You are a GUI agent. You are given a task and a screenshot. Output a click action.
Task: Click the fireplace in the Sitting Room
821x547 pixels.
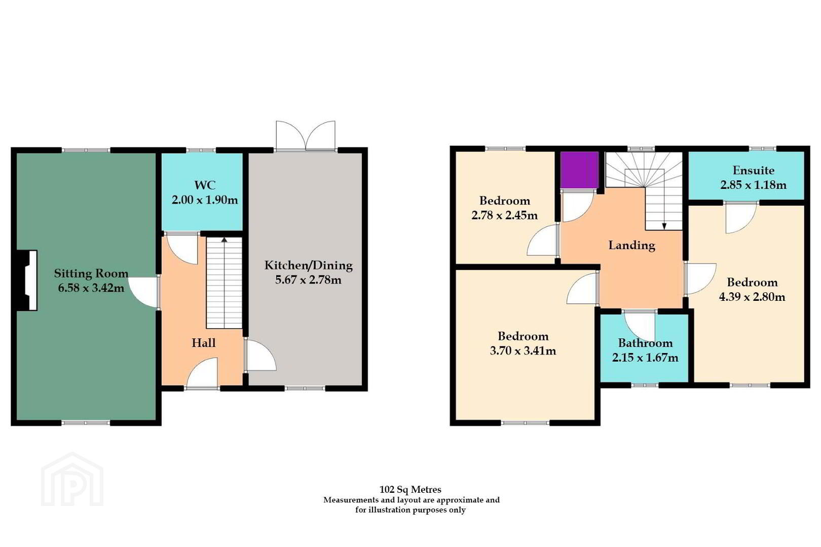[x=28, y=280]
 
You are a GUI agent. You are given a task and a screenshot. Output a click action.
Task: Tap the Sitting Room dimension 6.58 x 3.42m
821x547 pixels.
[x=91, y=288]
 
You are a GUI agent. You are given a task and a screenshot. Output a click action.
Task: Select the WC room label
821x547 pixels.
[x=205, y=185]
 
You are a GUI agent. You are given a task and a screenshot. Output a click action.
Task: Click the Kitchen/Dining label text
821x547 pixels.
[x=308, y=265]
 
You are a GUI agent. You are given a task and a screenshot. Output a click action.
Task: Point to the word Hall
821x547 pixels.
[x=203, y=343]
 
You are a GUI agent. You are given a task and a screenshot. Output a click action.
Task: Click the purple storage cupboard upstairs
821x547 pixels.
[x=579, y=170]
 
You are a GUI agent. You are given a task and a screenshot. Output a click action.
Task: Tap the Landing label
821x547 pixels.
[x=631, y=246]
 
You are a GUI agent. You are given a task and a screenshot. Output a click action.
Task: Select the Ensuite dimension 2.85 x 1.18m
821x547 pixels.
[x=753, y=185]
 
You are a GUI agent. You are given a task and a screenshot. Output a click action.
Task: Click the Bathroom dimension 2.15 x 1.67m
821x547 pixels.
[x=645, y=357]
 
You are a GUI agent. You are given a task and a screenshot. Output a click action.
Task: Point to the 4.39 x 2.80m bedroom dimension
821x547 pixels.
[x=752, y=296]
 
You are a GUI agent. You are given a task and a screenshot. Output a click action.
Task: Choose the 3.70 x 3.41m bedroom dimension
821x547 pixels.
[x=523, y=350]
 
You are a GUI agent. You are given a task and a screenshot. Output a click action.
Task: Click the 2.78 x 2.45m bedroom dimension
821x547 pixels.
[x=504, y=215]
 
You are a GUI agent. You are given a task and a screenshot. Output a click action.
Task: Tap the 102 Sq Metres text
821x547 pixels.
[x=410, y=489]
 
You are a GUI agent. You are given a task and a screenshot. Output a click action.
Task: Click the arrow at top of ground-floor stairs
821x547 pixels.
[x=224, y=240]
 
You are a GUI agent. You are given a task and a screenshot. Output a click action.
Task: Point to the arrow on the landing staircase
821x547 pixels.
[x=664, y=226]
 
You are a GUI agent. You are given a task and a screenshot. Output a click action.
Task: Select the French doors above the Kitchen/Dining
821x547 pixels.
[x=305, y=135]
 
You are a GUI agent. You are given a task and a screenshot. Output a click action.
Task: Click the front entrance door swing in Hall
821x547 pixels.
[x=203, y=373]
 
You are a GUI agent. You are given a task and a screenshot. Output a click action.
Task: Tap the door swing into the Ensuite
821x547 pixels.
[x=741, y=218]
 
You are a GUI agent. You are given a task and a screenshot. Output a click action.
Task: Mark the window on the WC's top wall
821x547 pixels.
[x=201, y=150]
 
